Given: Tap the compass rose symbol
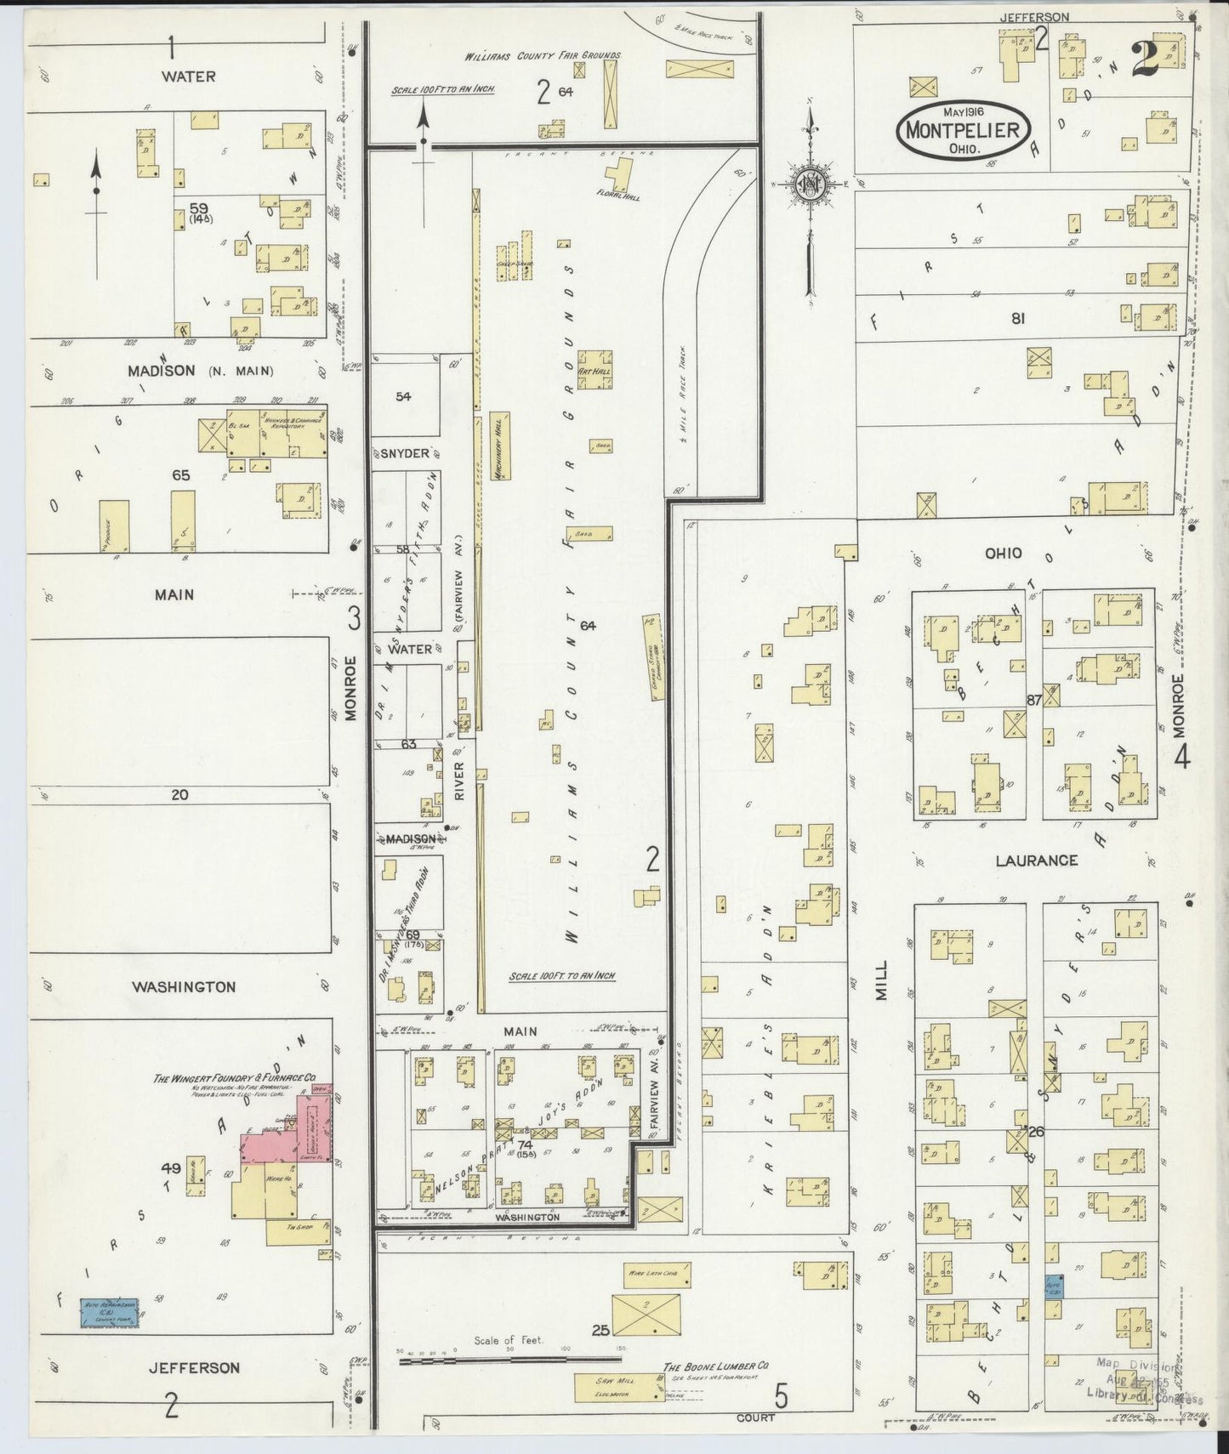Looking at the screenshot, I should [810, 186].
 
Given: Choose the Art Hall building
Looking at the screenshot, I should [595, 370].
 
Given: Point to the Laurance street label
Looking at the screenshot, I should [1036, 860].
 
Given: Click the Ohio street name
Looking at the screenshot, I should [1003, 554].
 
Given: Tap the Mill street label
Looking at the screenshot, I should [881, 980].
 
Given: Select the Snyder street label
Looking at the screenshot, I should [404, 453].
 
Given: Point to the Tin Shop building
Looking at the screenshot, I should [297, 1231].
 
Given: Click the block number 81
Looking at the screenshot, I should [1017, 319].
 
